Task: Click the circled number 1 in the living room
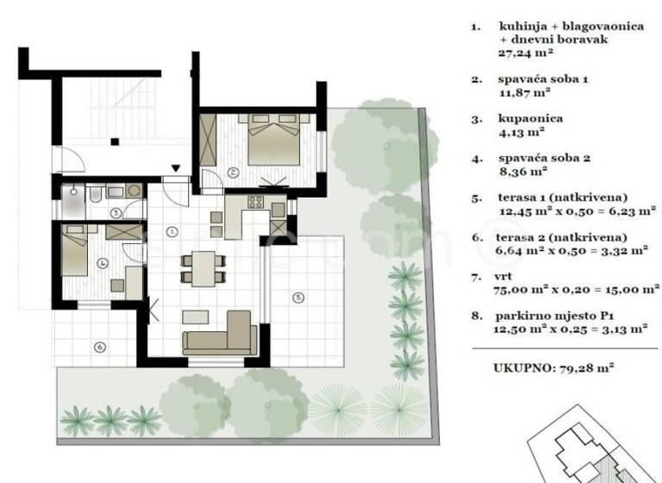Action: (x=172, y=231)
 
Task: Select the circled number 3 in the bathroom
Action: (x=115, y=212)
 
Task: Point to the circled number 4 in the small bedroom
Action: (x=102, y=263)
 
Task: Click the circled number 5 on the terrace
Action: (x=298, y=298)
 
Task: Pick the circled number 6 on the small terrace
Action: (x=100, y=348)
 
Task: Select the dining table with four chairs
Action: (x=203, y=267)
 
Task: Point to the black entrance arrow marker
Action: (x=176, y=169)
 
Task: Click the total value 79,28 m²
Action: (x=590, y=367)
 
